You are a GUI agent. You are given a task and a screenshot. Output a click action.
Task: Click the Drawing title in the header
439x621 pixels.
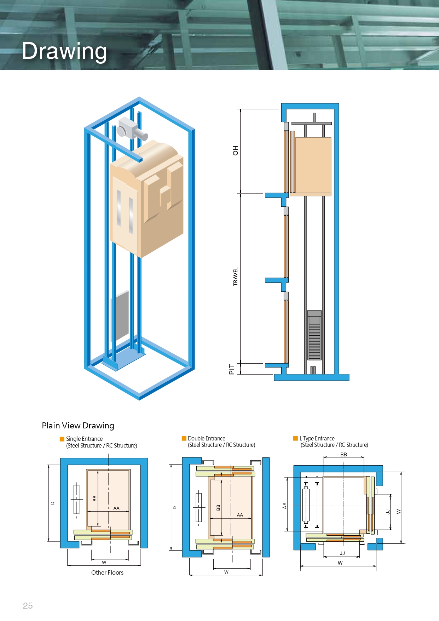tap(64, 51)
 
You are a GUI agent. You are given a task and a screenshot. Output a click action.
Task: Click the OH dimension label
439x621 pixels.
tap(235, 150)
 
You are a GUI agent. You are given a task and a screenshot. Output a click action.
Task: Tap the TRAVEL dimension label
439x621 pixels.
tap(235, 276)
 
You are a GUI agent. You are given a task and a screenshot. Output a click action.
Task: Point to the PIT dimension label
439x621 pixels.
tap(232, 369)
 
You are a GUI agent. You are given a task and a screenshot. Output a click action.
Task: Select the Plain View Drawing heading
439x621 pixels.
tap(78, 426)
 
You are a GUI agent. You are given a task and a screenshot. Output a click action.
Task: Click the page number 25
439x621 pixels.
tap(28, 606)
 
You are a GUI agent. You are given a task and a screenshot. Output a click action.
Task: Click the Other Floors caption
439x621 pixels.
tap(107, 572)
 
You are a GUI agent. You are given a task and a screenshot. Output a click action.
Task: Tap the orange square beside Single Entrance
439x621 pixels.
tap(62, 439)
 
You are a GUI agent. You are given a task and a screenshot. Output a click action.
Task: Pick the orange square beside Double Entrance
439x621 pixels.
tap(184, 438)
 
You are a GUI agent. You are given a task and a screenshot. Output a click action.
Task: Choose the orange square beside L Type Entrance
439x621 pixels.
tap(295, 438)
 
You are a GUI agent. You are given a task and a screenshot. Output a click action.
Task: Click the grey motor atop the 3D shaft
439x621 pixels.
tap(131, 129)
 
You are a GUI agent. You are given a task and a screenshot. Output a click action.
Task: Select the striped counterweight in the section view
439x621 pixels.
tap(314, 336)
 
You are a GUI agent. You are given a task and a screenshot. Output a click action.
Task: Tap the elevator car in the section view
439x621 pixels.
tap(313, 165)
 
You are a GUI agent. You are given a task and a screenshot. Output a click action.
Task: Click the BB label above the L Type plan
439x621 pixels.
tap(343, 455)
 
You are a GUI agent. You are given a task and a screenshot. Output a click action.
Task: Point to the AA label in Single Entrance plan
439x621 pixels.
tap(116, 508)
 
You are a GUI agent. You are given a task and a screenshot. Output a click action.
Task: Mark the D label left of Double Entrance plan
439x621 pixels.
tap(174, 508)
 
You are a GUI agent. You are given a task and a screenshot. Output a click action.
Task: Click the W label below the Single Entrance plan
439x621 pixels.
tap(104, 562)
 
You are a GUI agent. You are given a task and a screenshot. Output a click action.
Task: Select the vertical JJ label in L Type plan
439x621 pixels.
tap(388, 512)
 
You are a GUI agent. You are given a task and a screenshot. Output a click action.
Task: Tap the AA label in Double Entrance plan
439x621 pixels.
tap(240, 515)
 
